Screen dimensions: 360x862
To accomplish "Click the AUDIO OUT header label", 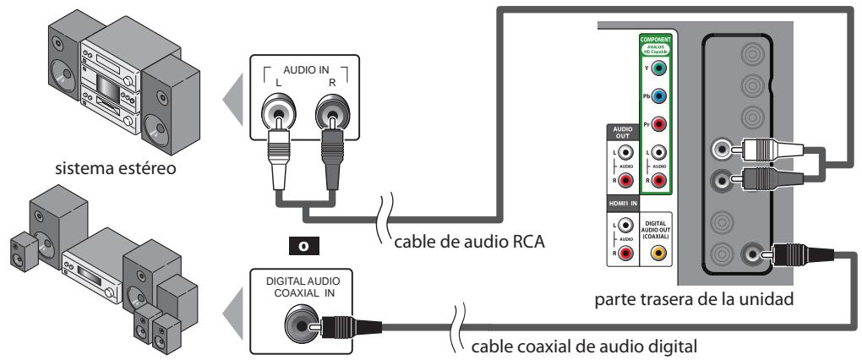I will click(623, 134).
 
